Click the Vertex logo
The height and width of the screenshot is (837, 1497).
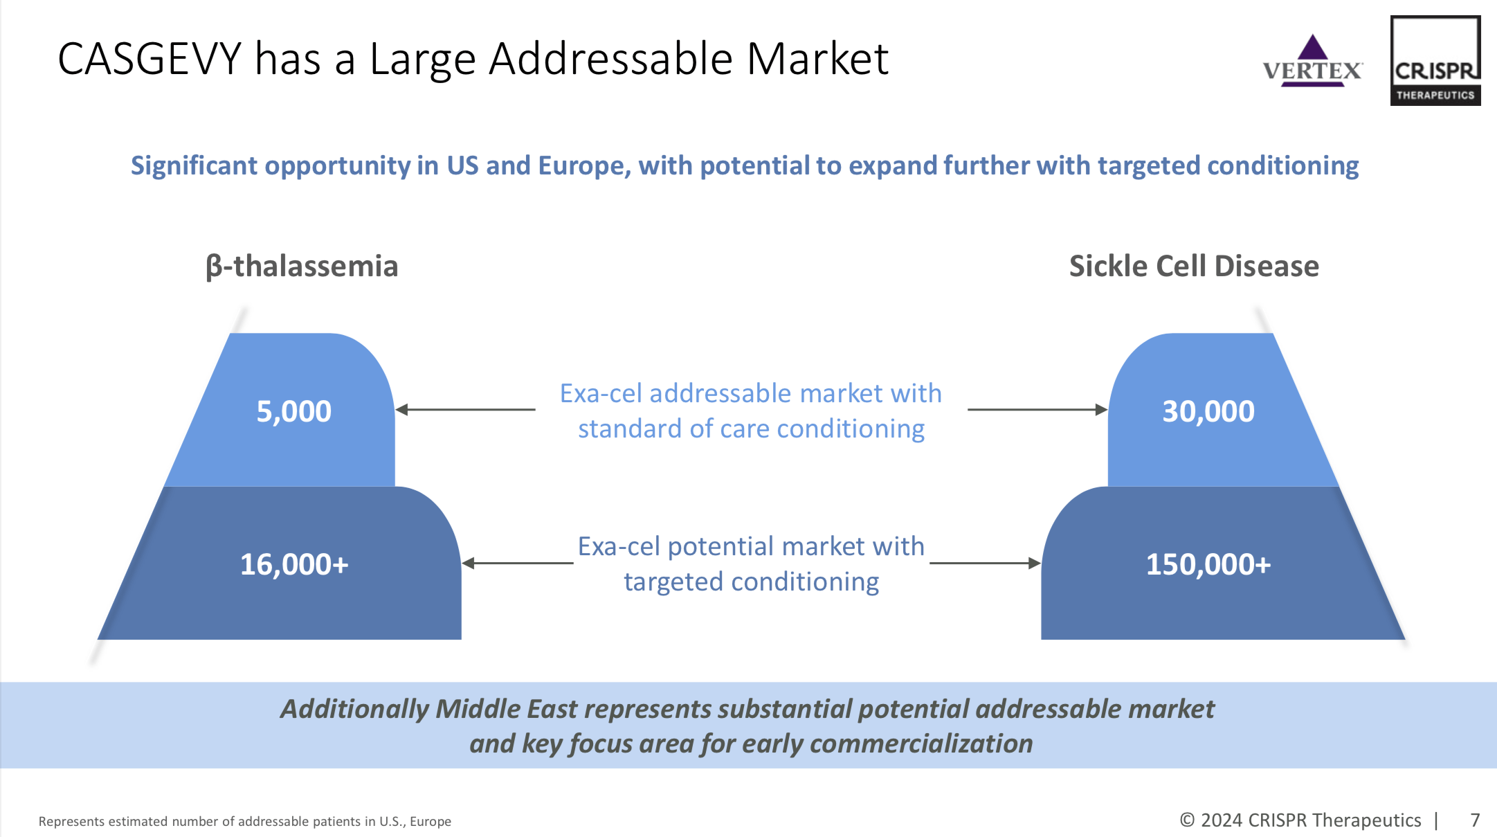[x=1312, y=62]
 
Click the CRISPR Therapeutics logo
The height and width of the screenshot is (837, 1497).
[x=1435, y=61]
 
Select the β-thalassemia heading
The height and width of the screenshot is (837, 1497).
[x=302, y=267]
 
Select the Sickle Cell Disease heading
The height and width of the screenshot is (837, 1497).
[x=1194, y=267]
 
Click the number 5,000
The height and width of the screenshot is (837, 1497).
[x=294, y=411]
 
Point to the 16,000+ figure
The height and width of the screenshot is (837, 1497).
[x=294, y=564]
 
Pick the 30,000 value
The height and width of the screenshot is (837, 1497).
[x=1208, y=411]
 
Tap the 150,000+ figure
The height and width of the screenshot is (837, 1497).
[x=1208, y=564]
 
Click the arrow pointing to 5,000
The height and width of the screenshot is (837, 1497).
[x=465, y=410]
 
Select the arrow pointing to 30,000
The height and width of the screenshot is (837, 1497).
[x=1037, y=410]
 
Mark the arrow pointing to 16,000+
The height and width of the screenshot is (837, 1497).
[x=517, y=564]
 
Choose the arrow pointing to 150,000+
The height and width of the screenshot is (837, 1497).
[x=985, y=564]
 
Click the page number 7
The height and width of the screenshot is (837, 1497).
[x=1475, y=820]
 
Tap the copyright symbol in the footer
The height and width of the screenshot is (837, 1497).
[x=1187, y=820]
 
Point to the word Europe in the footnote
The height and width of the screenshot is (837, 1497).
[x=430, y=822]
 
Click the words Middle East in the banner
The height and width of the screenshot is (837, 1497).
[x=506, y=709]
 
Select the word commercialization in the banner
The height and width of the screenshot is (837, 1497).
[x=920, y=744]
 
